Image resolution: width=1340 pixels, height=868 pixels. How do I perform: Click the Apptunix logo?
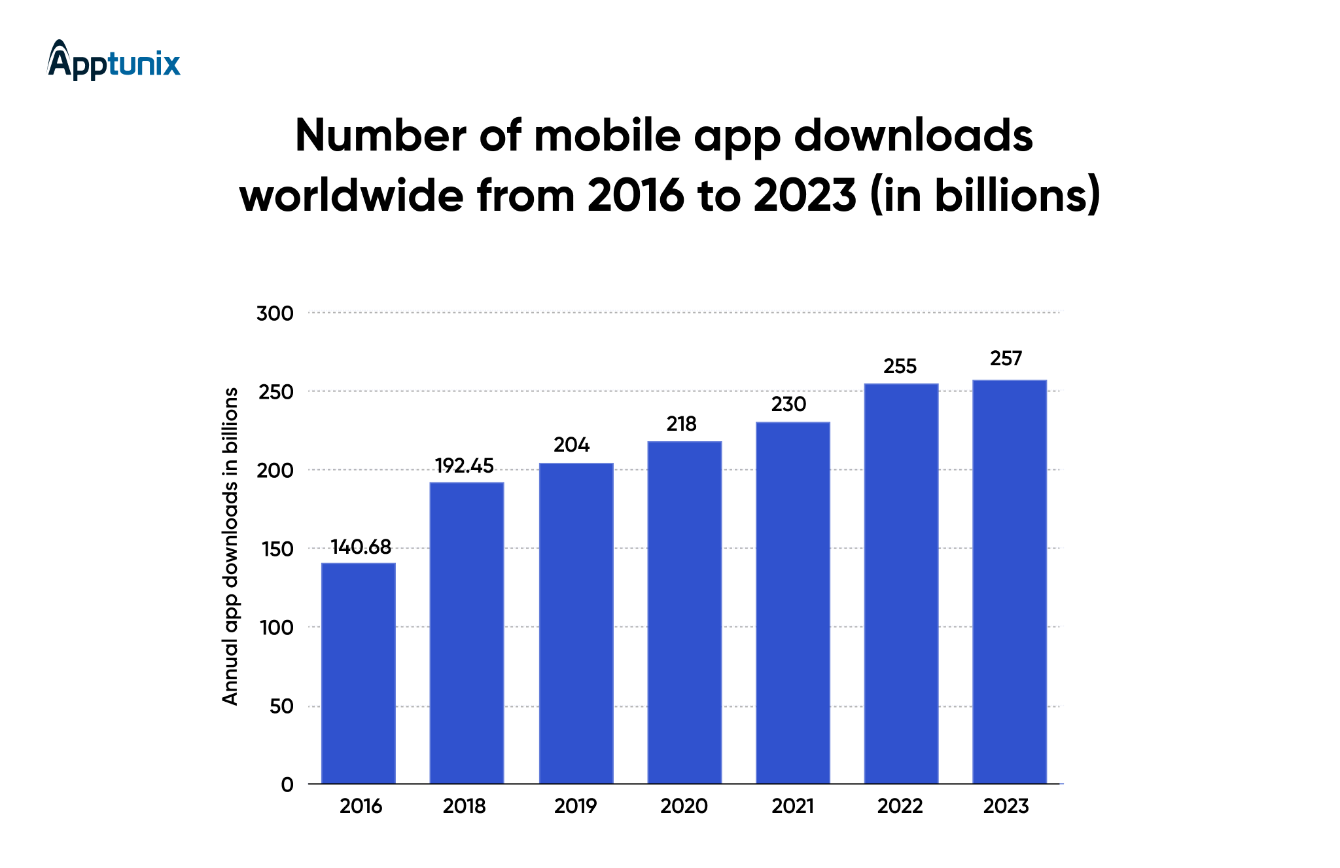click(x=114, y=61)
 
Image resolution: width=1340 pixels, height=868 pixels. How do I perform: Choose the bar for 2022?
click(x=901, y=583)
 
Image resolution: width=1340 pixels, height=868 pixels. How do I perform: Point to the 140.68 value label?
click(x=361, y=547)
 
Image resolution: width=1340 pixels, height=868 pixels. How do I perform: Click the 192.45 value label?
click(x=465, y=466)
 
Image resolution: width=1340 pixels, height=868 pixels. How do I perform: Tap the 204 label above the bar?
click(x=572, y=445)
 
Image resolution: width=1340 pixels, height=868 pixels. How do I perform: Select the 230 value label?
click(x=788, y=405)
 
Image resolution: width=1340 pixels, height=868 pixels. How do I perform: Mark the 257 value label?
click(x=1006, y=359)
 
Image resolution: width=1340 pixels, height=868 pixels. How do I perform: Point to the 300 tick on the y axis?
click(x=275, y=314)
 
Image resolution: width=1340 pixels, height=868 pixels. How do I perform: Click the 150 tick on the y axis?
click(x=277, y=549)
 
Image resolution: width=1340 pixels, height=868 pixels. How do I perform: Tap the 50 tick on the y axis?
click(x=281, y=706)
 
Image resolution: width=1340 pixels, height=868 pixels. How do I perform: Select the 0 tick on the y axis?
click(x=287, y=785)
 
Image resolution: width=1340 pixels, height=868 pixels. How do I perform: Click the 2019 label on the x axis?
click(x=575, y=806)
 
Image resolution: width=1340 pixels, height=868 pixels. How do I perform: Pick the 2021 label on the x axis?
click(x=792, y=806)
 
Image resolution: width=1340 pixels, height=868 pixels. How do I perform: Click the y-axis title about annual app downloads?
click(x=230, y=547)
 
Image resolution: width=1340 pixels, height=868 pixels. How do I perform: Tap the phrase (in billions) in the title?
click(x=985, y=195)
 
